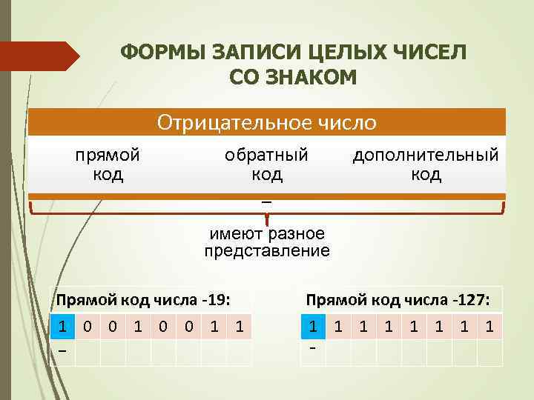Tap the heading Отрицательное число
tap(267, 121)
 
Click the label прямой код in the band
tap(108, 164)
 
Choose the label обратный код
tap(266, 164)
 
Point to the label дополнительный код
tap(426, 164)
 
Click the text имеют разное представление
tap(267, 242)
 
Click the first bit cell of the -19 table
tap(63, 327)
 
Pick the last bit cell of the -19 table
tap(239, 327)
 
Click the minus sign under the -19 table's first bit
tap(63, 351)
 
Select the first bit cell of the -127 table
tap(314, 327)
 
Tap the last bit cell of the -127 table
tap(489, 327)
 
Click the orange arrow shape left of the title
tap(40, 56)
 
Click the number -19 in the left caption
tap(214, 299)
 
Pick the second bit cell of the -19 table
tap(88, 327)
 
